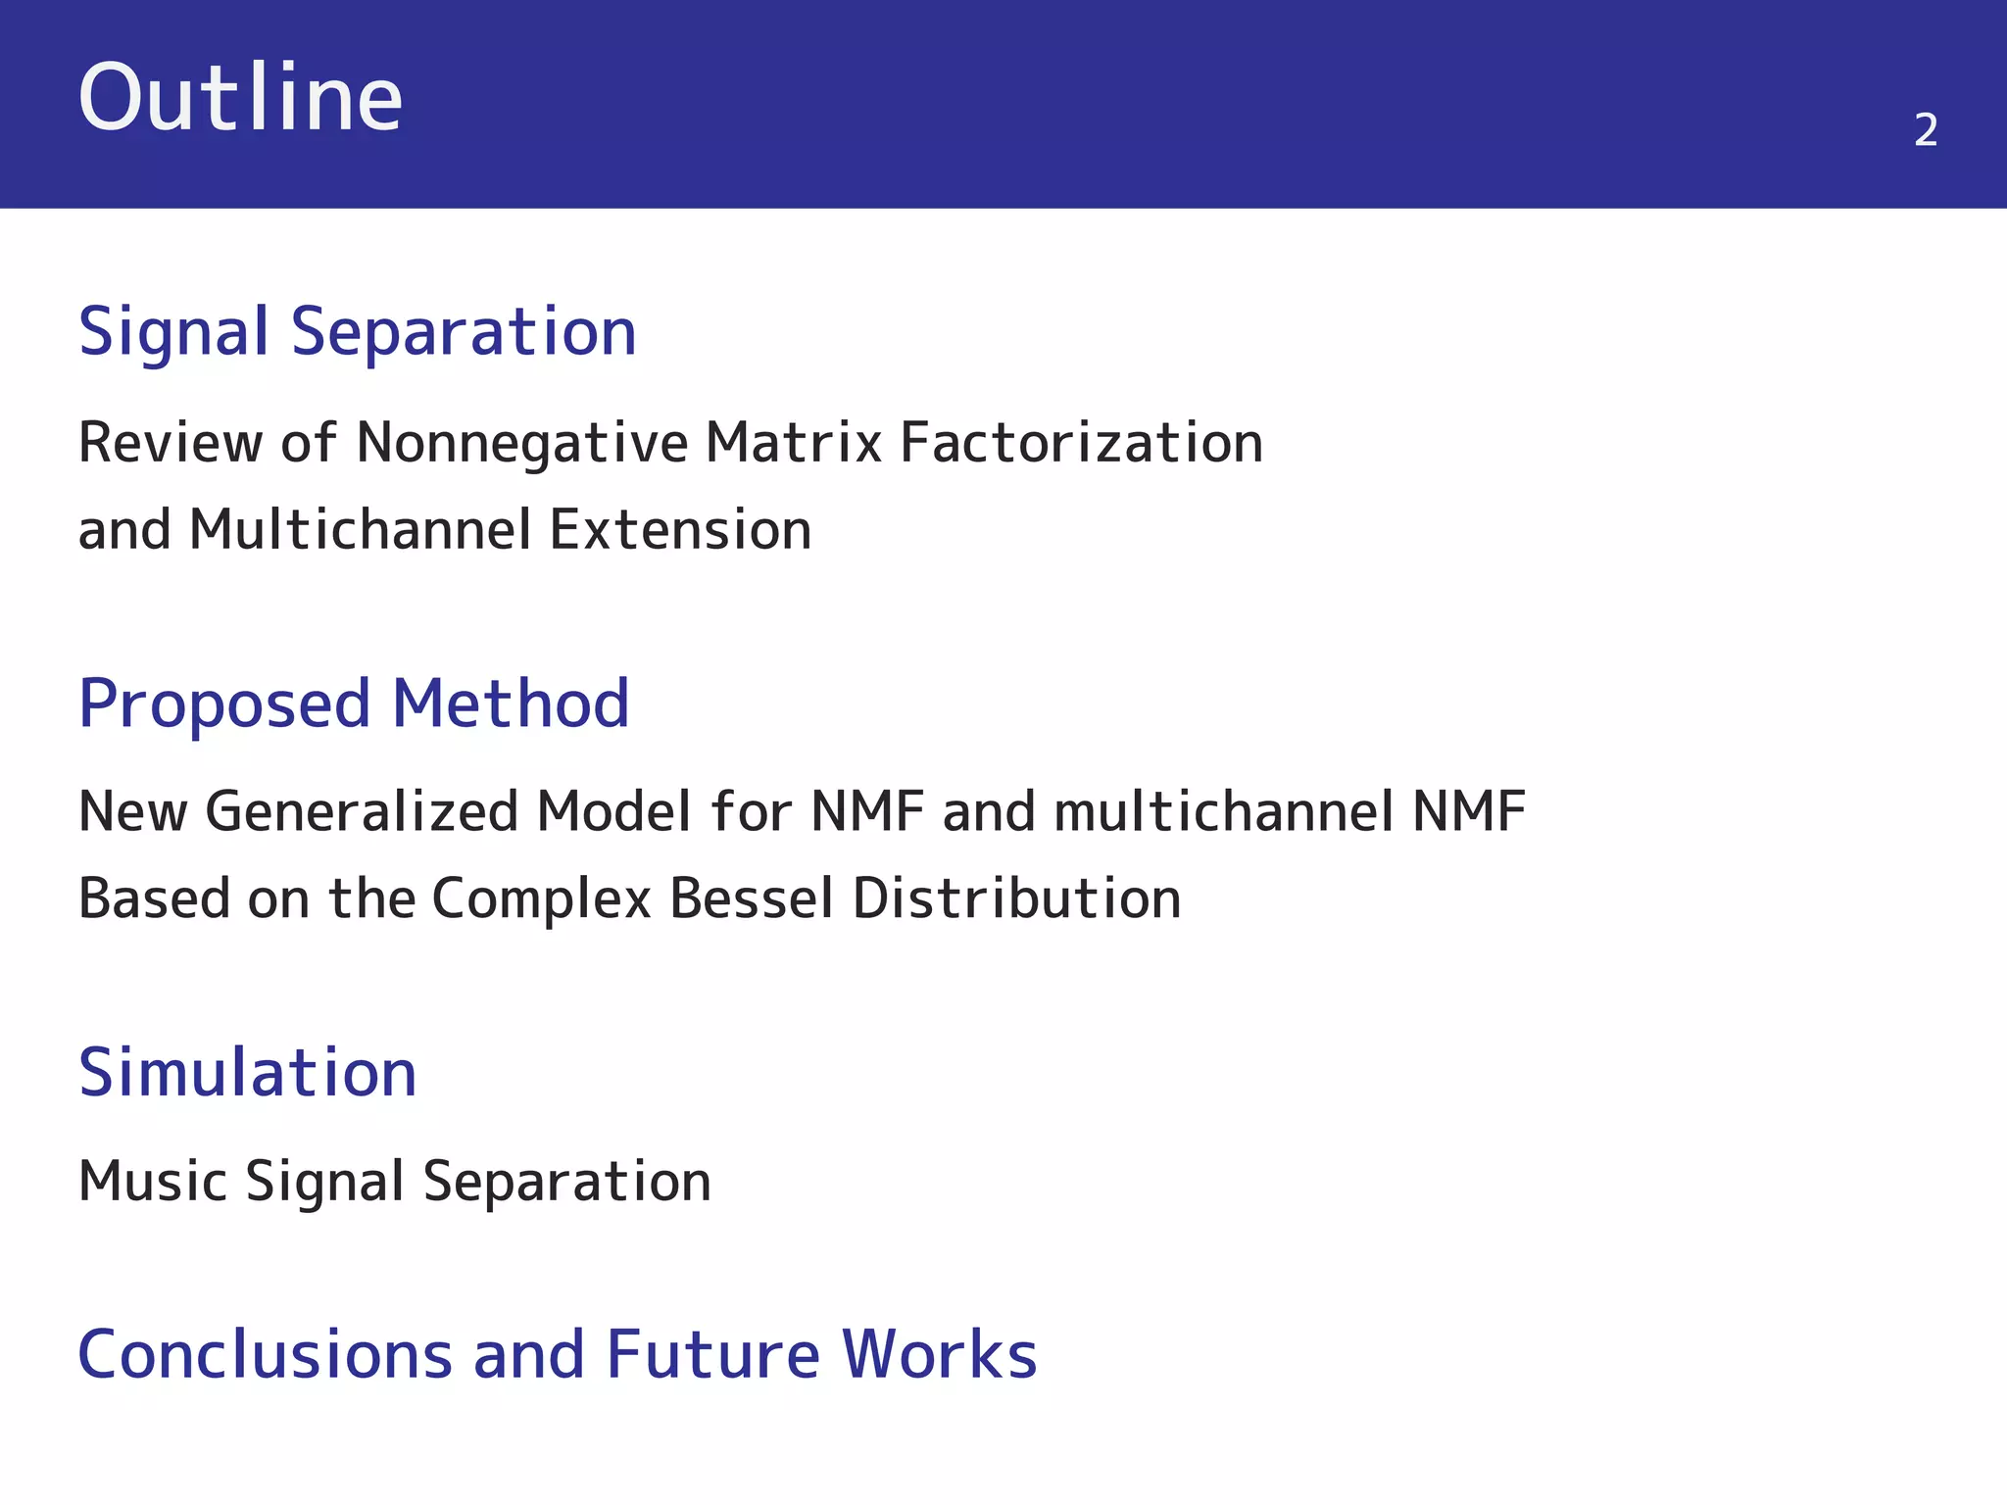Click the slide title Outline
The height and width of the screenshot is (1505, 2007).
pos(240,98)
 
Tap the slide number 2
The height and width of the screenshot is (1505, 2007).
pos(1925,130)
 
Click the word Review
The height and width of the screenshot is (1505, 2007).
pos(169,443)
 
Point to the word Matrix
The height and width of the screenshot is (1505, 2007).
pos(794,443)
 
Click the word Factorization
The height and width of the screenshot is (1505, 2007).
pos(1081,443)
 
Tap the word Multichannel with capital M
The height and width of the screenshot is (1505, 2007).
pos(361,530)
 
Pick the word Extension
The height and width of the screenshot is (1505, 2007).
pos(680,530)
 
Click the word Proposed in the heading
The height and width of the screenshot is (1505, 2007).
pos(224,704)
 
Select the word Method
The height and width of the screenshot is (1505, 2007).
pos(511,704)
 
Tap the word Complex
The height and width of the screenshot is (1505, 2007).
pos(542,898)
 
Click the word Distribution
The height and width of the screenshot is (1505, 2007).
pos(1016,898)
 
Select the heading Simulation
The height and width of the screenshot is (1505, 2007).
pos(248,1073)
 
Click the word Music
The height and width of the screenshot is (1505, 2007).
pos(153,1182)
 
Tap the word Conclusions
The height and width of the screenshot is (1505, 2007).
pos(265,1355)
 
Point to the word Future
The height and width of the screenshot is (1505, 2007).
pos(712,1355)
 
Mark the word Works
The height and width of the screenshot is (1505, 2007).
pos(939,1355)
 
